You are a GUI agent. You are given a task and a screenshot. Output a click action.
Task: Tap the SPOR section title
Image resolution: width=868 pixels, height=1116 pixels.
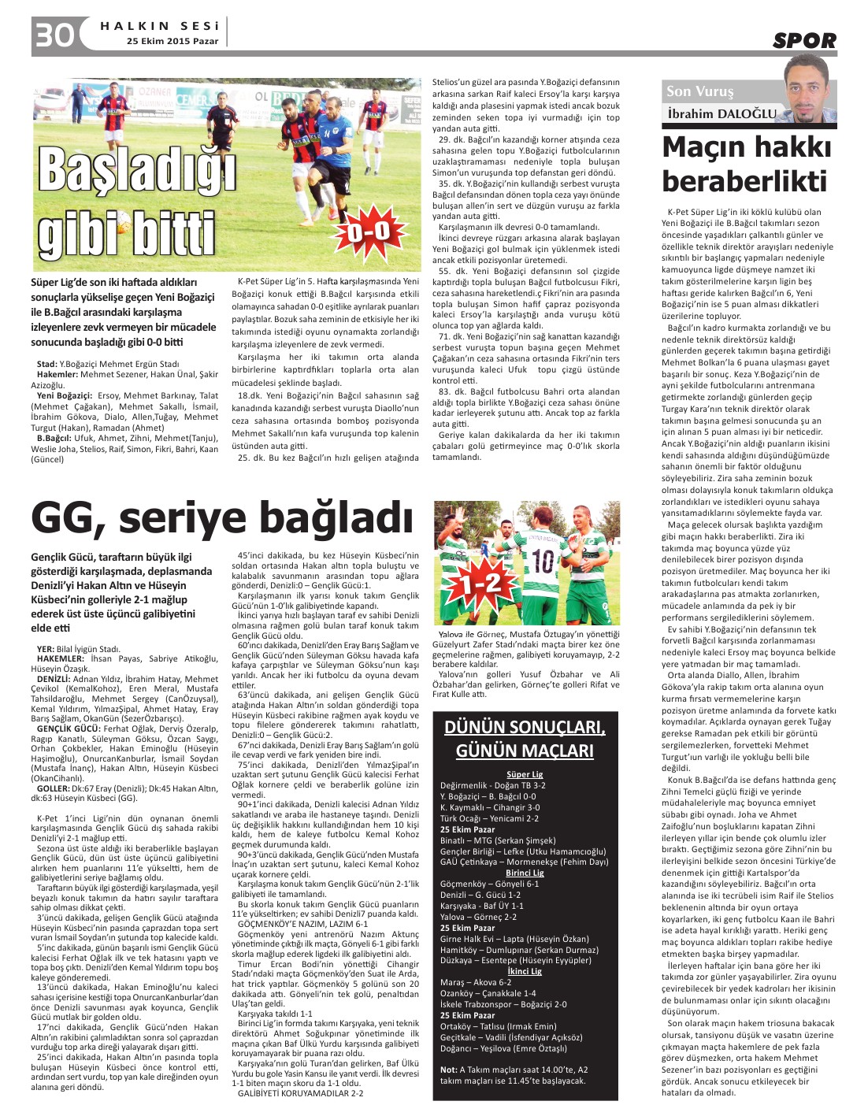coord(803,40)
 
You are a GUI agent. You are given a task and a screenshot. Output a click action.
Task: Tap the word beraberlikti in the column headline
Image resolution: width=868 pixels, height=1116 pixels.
coord(744,181)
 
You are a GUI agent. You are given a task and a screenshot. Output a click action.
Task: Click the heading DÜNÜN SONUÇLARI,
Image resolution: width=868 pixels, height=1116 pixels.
coord(524,726)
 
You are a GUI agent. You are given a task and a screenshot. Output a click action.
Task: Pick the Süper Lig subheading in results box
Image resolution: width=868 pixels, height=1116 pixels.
coord(524,774)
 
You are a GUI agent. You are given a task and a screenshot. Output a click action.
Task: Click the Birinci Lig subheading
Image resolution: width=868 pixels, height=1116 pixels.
coord(524,873)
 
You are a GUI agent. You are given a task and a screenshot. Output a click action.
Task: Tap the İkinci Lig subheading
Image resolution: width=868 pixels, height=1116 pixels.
coord(524,971)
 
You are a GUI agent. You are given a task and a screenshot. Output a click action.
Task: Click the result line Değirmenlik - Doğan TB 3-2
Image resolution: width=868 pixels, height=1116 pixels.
coord(492,785)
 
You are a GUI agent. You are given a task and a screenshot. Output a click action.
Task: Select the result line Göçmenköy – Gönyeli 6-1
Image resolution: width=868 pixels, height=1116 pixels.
coord(489,884)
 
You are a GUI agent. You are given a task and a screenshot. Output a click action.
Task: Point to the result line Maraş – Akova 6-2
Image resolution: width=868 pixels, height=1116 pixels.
coord(477,982)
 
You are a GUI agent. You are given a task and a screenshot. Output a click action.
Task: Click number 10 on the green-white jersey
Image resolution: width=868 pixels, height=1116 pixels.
coord(543,561)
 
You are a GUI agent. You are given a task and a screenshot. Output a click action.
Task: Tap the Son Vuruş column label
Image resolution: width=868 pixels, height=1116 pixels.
coord(699,91)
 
